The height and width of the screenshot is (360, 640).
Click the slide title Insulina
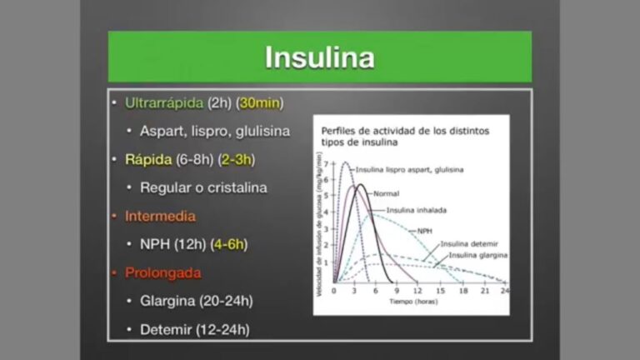319,57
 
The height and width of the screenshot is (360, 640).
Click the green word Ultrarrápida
164,103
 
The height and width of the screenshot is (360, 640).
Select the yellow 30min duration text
261,103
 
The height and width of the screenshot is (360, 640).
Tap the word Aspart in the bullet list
159,132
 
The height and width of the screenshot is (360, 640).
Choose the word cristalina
236,187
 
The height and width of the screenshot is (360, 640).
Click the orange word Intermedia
160,216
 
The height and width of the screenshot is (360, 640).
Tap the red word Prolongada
162,272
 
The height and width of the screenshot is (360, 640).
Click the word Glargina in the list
166,301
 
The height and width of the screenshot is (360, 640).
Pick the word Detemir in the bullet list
165,329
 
